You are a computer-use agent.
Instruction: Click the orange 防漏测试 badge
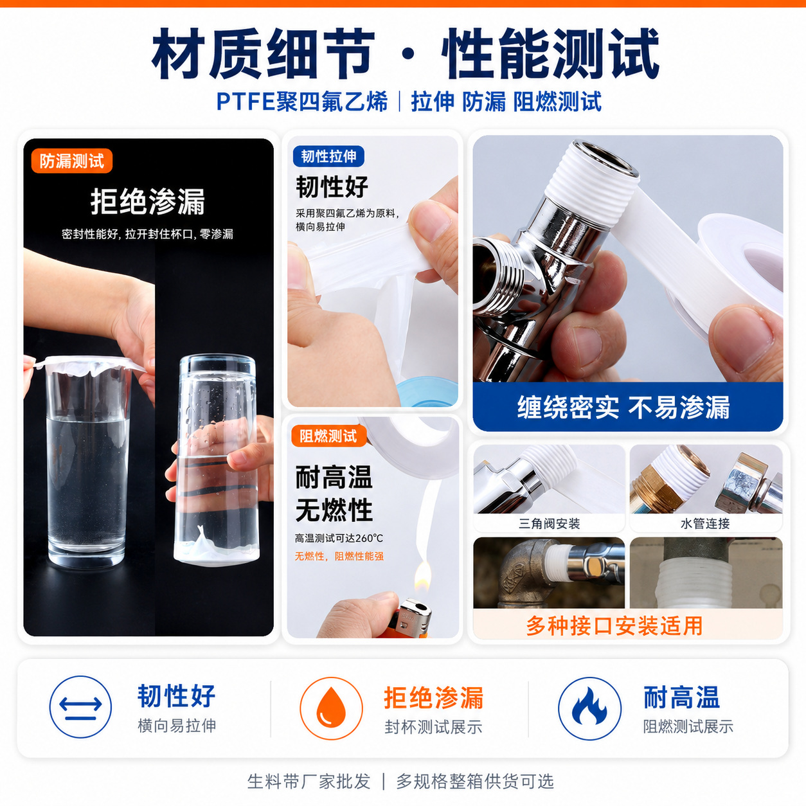pyautogui.click(x=71, y=161)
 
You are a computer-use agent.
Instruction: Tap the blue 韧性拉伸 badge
pyautogui.click(x=328, y=156)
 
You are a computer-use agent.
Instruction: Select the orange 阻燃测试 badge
pyautogui.click(x=328, y=436)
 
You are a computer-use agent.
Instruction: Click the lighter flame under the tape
pyautogui.click(x=423, y=577)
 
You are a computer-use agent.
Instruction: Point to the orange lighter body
pyautogui.click(x=412, y=625)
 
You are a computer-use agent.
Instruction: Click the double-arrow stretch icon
pyautogui.click(x=80, y=707)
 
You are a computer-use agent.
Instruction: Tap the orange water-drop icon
pyautogui.click(x=331, y=708)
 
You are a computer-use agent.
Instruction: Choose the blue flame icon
pyautogui.click(x=589, y=708)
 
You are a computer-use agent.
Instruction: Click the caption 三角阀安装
pyautogui.click(x=549, y=523)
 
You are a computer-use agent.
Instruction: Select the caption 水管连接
pyautogui.click(x=705, y=523)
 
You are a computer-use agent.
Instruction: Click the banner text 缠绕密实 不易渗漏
pyautogui.click(x=623, y=407)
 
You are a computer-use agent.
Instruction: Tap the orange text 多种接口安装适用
pyautogui.click(x=614, y=626)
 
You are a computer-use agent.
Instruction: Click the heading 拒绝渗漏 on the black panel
pyautogui.click(x=148, y=202)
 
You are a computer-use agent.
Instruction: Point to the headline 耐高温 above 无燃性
pyautogui.click(x=334, y=478)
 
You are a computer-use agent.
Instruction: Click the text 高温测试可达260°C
pyautogui.click(x=339, y=539)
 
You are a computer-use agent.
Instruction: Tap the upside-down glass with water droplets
pyautogui.click(x=216, y=459)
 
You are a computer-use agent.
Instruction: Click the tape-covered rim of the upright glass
pyautogui.click(x=89, y=366)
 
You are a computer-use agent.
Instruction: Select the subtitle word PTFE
pyautogui.click(x=246, y=102)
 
